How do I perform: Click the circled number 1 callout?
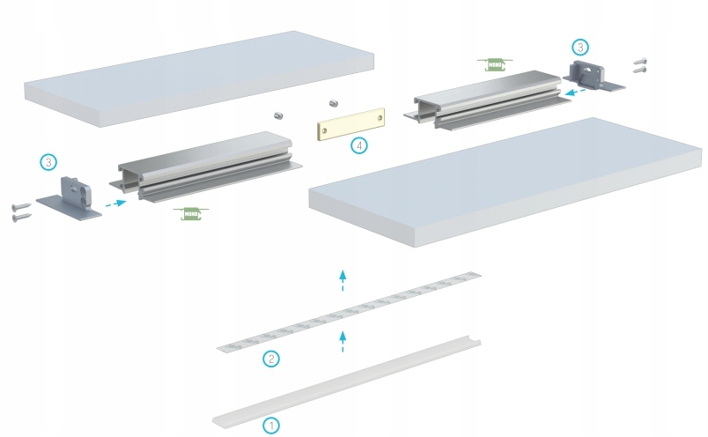(x=271, y=425)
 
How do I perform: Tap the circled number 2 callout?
(x=271, y=359)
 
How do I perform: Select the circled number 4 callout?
(x=359, y=145)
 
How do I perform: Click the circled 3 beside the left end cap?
(x=49, y=162)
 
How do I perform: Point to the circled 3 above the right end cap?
(x=579, y=47)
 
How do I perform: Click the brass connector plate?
(x=351, y=124)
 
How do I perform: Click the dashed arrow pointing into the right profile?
(x=576, y=90)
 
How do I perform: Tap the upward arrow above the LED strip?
(x=343, y=281)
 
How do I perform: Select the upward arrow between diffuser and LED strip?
(x=343, y=342)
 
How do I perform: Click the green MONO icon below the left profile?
(x=191, y=212)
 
